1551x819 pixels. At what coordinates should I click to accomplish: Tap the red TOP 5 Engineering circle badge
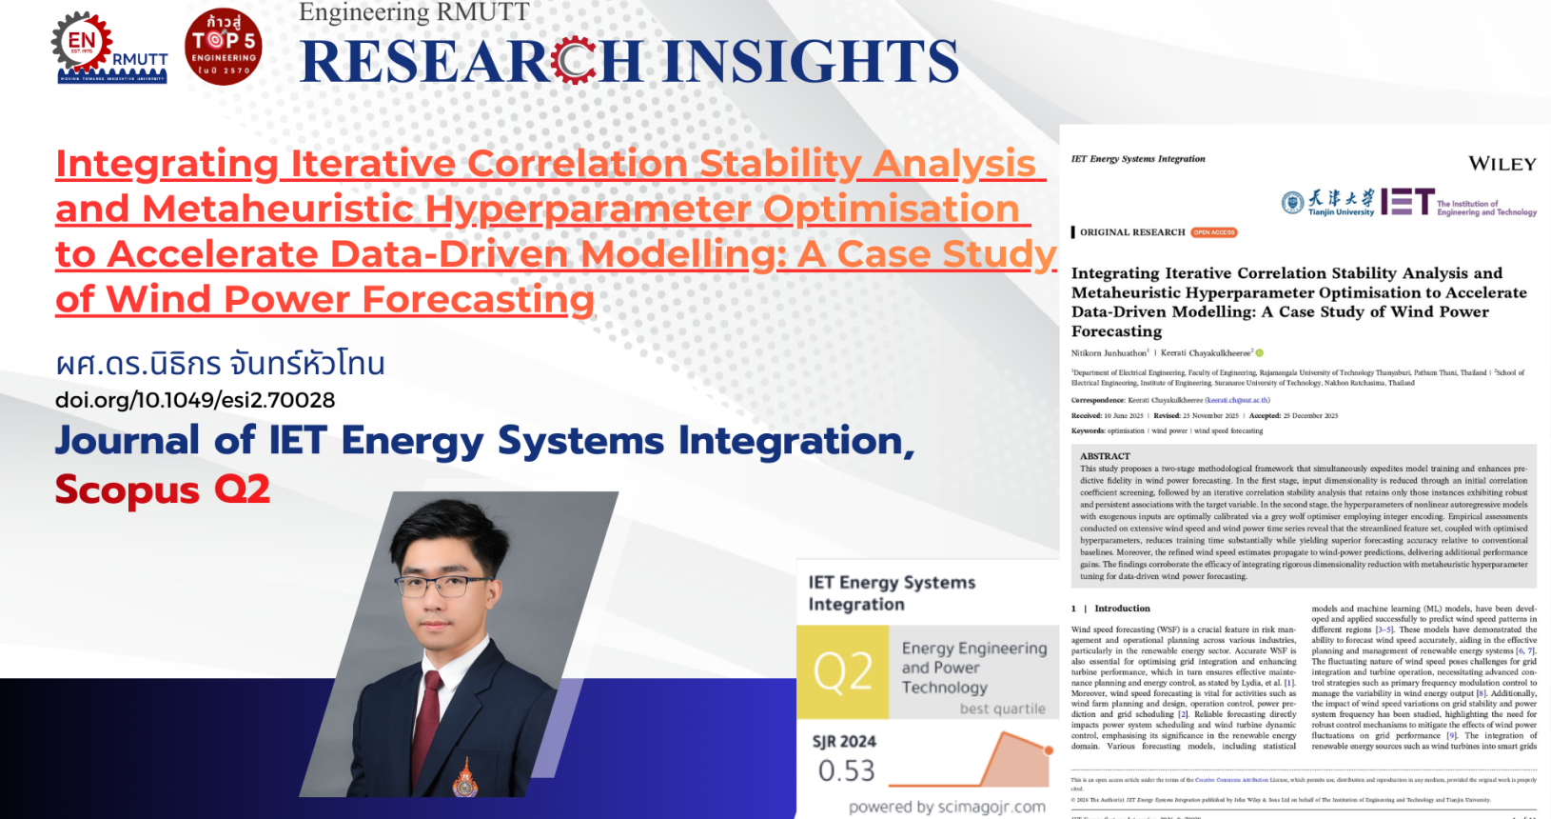tap(224, 48)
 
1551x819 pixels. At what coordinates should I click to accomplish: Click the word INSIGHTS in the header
tap(811, 62)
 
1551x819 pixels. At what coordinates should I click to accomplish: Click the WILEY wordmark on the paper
tap(1502, 164)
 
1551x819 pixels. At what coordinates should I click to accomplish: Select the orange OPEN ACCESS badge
tap(1214, 232)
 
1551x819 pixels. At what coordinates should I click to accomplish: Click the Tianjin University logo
tap(1327, 202)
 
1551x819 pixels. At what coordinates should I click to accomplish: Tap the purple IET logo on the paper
tap(1407, 202)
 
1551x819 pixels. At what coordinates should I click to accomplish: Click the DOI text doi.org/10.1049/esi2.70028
tap(195, 400)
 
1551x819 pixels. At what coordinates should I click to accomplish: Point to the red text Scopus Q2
tap(163, 489)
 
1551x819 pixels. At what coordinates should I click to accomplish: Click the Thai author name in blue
tap(220, 364)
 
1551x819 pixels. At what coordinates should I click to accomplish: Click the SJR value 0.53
tap(846, 770)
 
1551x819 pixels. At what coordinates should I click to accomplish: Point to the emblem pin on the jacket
tap(464, 778)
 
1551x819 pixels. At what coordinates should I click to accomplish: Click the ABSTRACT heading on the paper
tap(1105, 456)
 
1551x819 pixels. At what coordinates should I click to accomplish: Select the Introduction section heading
tap(1122, 608)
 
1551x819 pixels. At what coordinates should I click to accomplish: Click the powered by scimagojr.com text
tap(947, 807)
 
